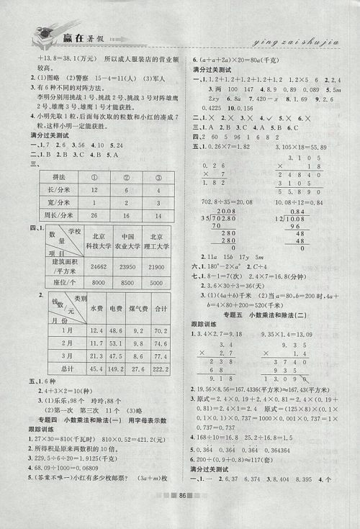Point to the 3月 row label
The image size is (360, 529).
[x=66, y=356]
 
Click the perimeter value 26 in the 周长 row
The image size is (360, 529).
[x=94, y=215]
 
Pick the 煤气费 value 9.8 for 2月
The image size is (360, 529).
[x=137, y=342]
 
